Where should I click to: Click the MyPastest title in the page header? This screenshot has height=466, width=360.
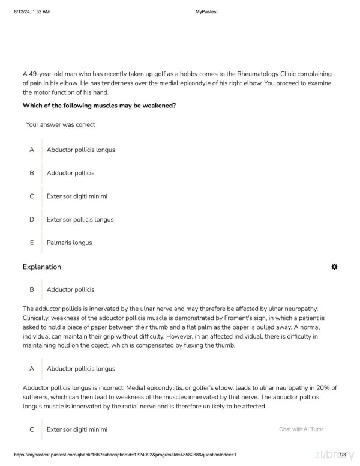206,11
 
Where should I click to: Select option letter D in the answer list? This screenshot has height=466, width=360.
31,220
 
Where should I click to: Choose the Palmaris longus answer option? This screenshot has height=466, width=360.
69,243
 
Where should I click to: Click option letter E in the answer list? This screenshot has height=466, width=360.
31,243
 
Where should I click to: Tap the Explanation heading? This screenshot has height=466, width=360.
41,267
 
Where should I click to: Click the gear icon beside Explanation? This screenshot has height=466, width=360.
334,267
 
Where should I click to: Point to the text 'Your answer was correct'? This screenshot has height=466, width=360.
60,125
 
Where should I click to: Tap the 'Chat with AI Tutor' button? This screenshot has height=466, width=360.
301,429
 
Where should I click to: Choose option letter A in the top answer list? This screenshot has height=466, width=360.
31,150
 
